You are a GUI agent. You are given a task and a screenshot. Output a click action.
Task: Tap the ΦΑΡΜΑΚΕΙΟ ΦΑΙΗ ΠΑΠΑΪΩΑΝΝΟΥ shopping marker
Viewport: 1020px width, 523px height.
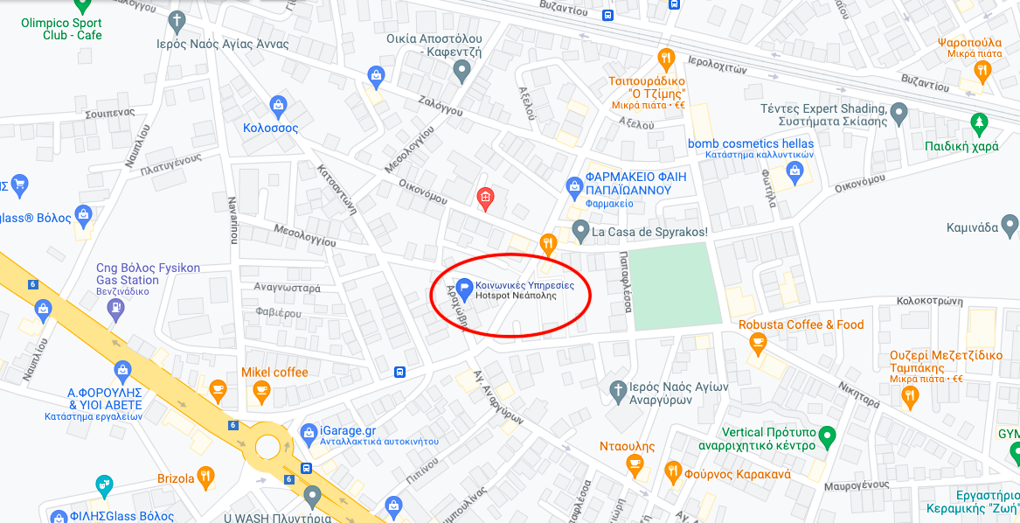(574, 185)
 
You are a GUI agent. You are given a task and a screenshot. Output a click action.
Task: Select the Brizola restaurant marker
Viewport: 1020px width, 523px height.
(205, 477)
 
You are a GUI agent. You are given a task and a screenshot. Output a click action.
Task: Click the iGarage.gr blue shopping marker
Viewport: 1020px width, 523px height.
(308, 432)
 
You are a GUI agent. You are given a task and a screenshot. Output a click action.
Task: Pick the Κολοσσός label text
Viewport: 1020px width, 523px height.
(270, 129)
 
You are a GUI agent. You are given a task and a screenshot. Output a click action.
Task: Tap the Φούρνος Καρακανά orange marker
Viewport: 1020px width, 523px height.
(673, 472)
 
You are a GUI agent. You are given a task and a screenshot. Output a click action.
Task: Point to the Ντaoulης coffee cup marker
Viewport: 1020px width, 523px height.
(637, 464)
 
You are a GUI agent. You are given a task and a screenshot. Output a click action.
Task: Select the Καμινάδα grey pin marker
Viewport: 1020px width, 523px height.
(1010, 226)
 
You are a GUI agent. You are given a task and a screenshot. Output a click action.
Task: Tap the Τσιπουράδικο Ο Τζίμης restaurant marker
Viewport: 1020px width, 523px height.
(667, 59)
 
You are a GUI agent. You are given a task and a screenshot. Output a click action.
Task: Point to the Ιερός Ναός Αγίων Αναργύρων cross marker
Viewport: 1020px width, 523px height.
(617, 387)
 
